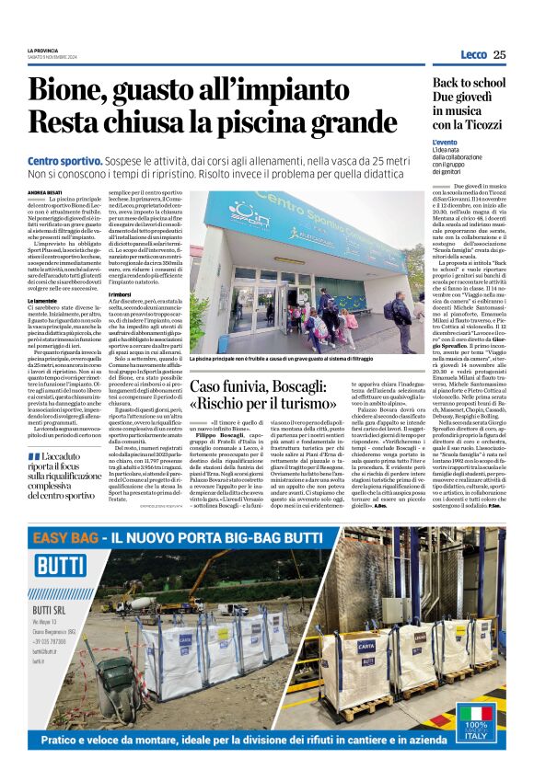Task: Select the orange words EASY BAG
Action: tap(61, 537)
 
